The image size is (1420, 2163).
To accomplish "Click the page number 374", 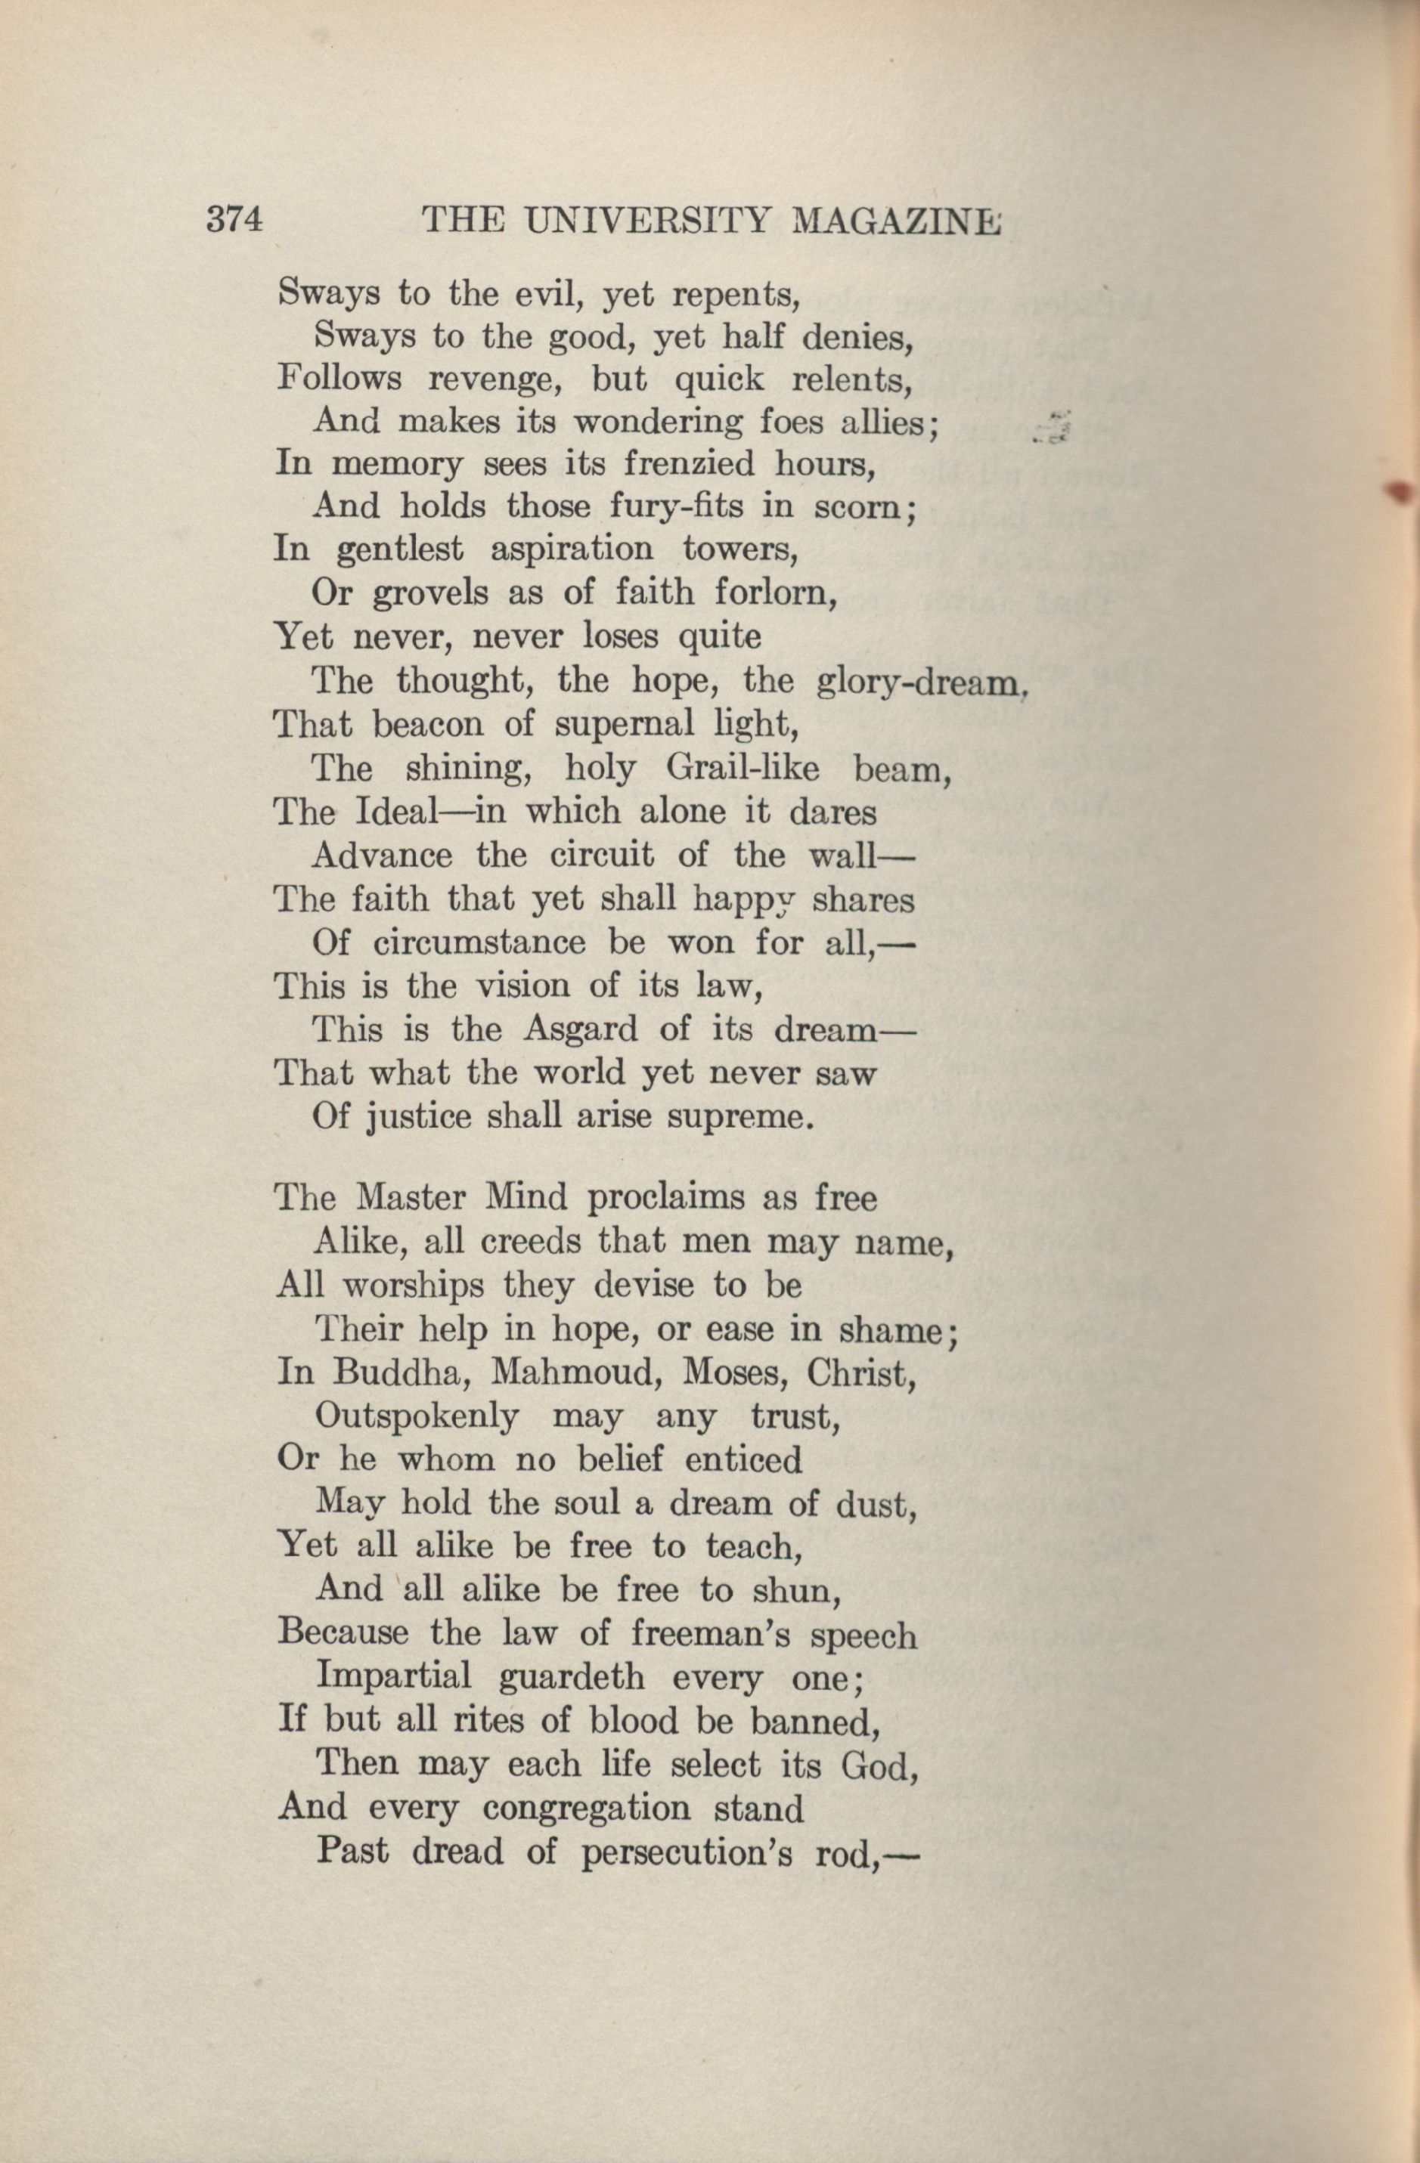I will tap(234, 220).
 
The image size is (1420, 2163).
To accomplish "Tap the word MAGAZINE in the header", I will tap(896, 221).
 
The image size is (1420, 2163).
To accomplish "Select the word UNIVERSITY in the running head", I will tap(648, 221).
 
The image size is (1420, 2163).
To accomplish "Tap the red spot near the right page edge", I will tap(1402, 492).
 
